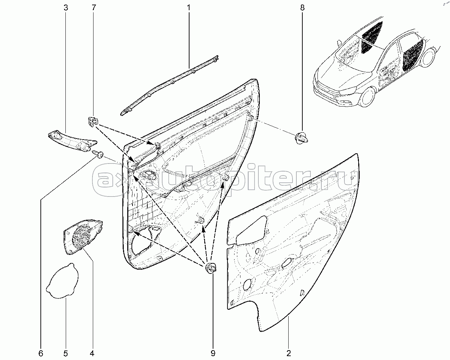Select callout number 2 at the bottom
coord(288,353)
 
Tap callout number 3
coord(65,7)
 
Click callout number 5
coord(65,353)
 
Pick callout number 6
coord(40,353)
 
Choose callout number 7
coord(93,7)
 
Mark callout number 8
coord(302,7)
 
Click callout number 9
coord(212,353)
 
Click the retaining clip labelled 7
coord(92,122)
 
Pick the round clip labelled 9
coord(211,269)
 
